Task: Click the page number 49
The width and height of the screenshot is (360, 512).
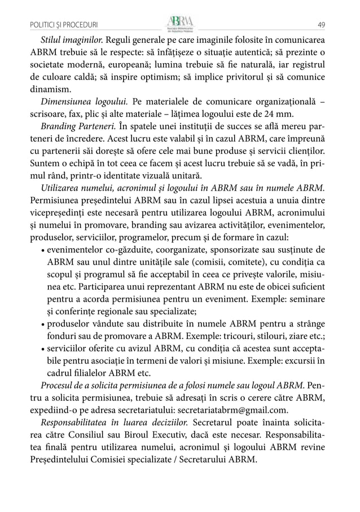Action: pyautogui.click(x=321, y=24)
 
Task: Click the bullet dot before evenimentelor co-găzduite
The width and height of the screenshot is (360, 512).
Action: pyautogui.click(x=44, y=250)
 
